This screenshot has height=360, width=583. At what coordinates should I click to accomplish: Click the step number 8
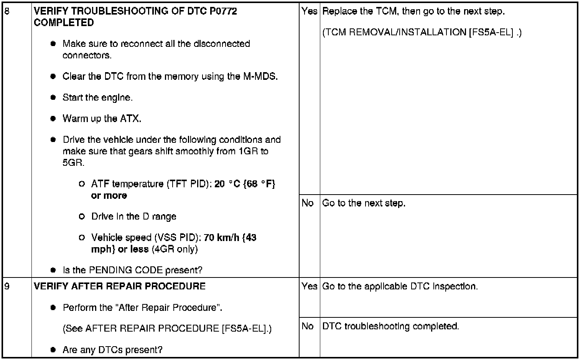tap(6, 11)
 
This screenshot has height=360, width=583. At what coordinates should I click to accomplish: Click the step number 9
tap(6, 286)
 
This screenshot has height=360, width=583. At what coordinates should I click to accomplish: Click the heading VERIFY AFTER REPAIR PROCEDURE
tap(120, 286)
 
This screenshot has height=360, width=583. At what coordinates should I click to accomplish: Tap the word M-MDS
tap(260, 76)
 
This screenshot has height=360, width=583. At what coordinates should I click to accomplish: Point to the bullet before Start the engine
tap(53, 97)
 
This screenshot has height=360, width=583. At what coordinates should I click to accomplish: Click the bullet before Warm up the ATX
tap(53, 119)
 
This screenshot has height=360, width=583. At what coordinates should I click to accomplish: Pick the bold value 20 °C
tap(227, 184)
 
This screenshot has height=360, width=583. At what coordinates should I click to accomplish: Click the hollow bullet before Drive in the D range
tap(81, 216)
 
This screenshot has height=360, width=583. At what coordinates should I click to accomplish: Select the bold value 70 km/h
tap(222, 238)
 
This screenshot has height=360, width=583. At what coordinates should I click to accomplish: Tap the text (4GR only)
tap(175, 249)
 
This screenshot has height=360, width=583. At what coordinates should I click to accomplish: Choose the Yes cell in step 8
tap(309, 11)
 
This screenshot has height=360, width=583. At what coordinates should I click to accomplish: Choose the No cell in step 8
tap(308, 203)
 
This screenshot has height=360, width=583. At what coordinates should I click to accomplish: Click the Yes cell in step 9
tap(309, 286)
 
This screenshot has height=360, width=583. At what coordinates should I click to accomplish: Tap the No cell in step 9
tap(308, 326)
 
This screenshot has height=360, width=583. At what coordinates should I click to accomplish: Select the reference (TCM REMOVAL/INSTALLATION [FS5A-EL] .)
tap(422, 32)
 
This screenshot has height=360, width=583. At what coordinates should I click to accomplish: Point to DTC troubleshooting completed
tap(390, 326)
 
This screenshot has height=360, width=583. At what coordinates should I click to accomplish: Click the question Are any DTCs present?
tap(112, 350)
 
